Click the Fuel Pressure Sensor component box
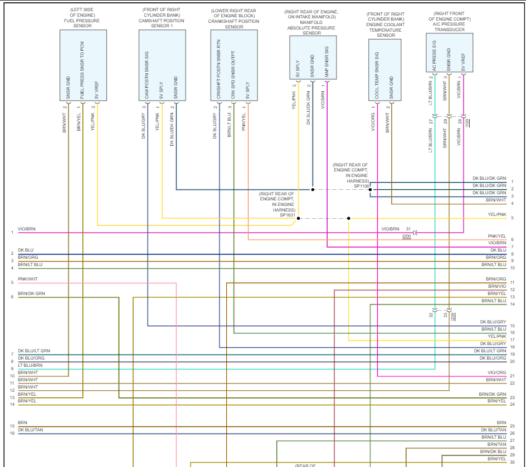(x=83, y=65)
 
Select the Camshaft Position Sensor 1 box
(x=162, y=65)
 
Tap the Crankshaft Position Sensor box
(x=234, y=65)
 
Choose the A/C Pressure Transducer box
(x=449, y=52)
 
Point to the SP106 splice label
(x=362, y=185)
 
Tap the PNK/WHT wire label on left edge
(x=27, y=279)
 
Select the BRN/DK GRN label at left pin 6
(x=31, y=293)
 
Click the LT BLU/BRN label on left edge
(x=30, y=366)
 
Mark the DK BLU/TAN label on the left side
(x=30, y=430)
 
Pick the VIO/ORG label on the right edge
(x=497, y=372)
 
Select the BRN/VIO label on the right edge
(x=497, y=286)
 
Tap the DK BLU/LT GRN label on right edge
(x=490, y=351)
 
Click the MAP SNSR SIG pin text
(x=327, y=62)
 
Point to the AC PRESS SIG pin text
(x=434, y=59)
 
